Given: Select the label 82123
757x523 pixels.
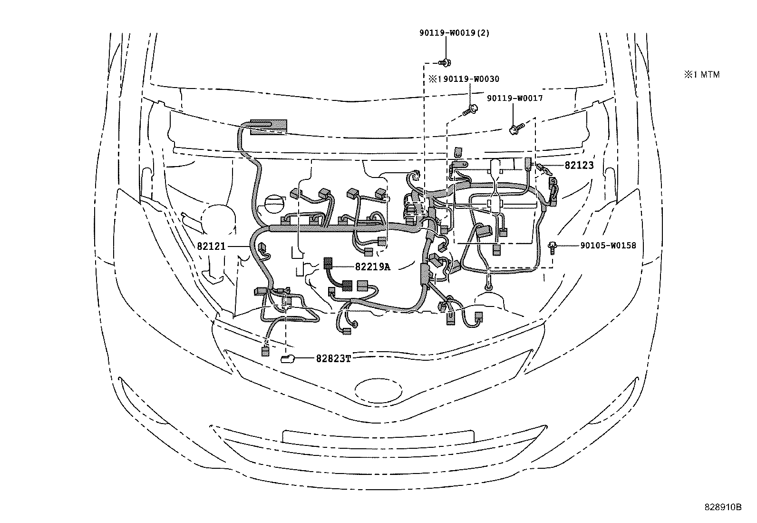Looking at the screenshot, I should [x=579, y=165].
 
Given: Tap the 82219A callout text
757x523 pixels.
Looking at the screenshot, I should [x=372, y=267].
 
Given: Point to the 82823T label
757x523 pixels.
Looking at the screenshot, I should [x=333, y=359].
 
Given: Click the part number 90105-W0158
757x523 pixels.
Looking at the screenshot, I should [x=608, y=246].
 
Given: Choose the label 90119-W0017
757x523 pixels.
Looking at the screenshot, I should [x=514, y=99].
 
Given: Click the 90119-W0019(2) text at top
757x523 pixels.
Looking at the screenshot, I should [x=454, y=33].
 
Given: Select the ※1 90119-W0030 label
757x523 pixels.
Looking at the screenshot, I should [x=464, y=79].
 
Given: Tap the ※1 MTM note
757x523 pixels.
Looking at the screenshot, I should [x=702, y=74].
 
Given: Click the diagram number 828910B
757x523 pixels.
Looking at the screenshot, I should [x=723, y=507].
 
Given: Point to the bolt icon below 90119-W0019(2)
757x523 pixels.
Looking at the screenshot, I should [x=446, y=61].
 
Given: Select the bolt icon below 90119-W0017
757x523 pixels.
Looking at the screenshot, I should [x=515, y=128].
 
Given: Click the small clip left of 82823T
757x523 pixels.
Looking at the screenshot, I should [x=288, y=359].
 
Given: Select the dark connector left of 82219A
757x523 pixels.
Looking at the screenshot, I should [x=328, y=263].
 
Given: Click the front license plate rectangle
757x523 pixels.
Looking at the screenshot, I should [x=378, y=436].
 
